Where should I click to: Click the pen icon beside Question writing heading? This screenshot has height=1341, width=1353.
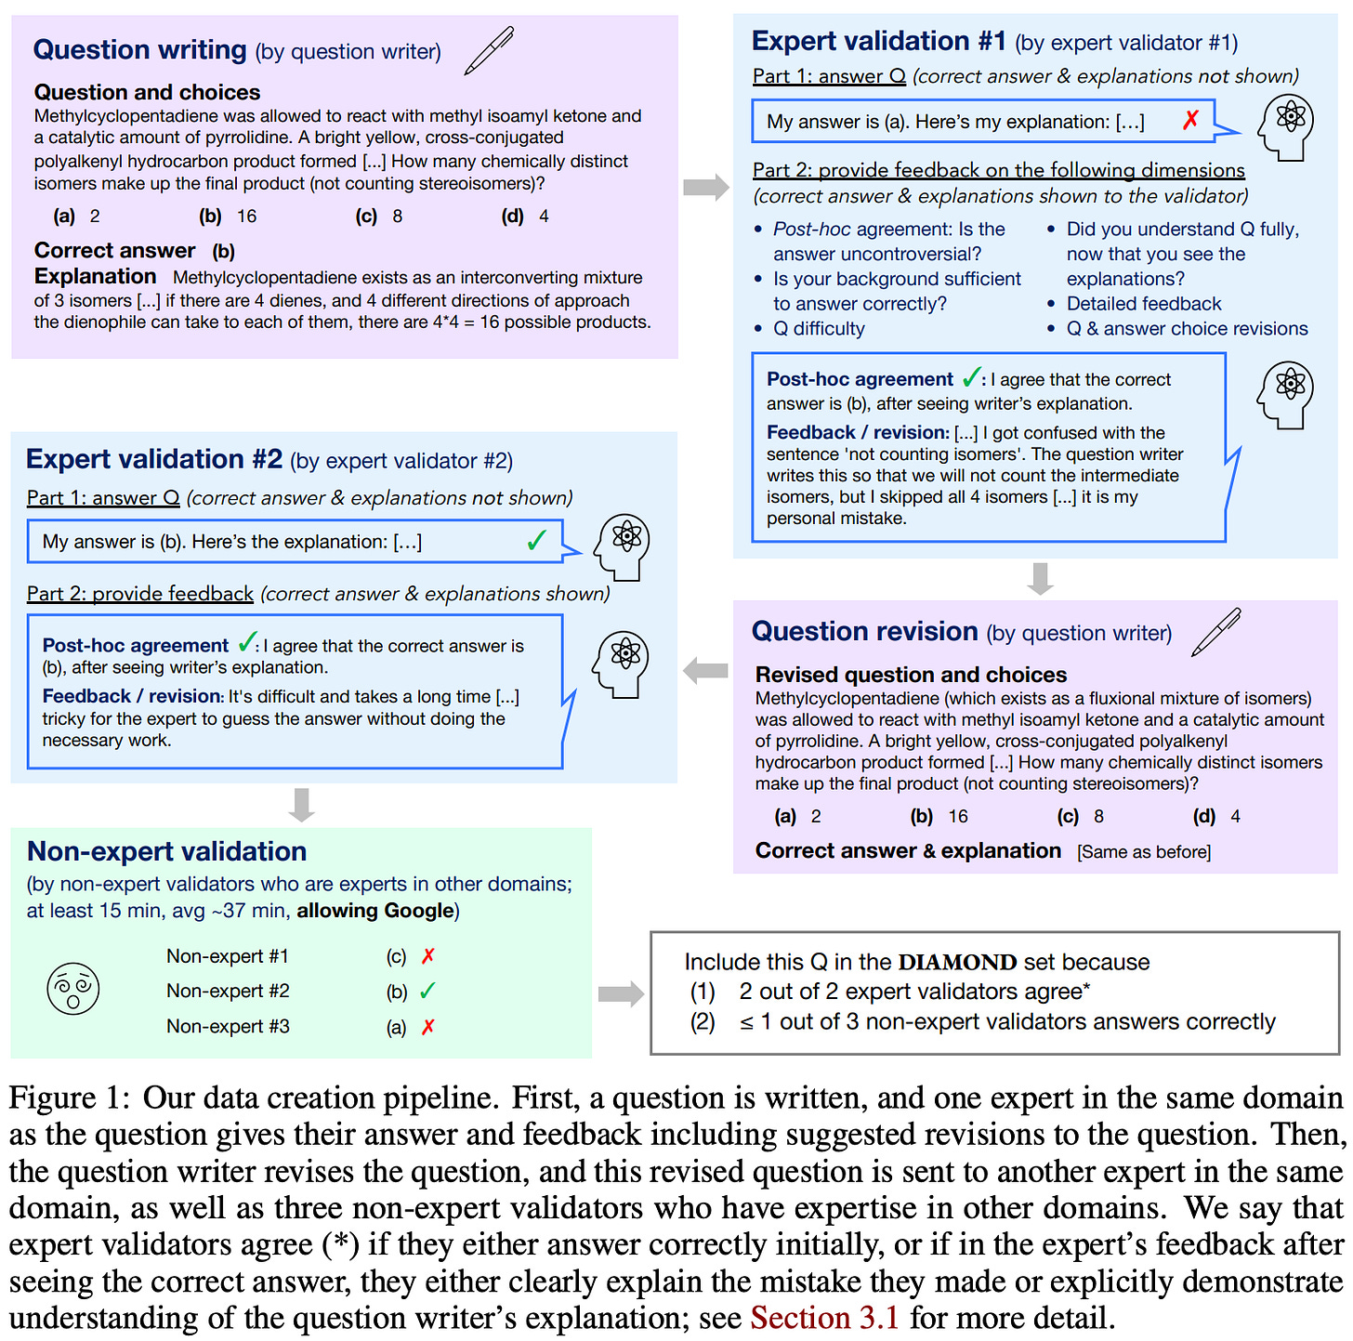(x=489, y=50)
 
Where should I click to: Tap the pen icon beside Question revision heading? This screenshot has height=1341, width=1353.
(x=1216, y=632)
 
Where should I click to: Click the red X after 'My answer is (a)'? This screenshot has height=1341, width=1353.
(x=1190, y=120)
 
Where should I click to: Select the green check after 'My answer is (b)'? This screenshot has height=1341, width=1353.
(x=536, y=541)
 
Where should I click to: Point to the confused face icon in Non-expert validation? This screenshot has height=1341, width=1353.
(x=72, y=989)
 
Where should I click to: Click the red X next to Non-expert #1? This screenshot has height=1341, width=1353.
(x=428, y=956)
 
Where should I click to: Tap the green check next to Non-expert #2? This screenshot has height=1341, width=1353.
(x=427, y=991)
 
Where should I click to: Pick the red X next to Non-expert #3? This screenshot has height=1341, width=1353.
(x=428, y=1027)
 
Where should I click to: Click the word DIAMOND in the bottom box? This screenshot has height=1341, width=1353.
(x=957, y=962)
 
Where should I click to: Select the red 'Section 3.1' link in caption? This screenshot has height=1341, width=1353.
(x=824, y=1319)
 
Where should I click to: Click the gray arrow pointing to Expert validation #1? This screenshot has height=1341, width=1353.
(x=706, y=187)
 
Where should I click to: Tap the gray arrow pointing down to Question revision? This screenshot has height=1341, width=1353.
(x=1041, y=578)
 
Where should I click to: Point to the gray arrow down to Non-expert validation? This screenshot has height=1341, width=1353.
(x=301, y=805)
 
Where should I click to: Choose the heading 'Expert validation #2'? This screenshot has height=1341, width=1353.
(x=154, y=460)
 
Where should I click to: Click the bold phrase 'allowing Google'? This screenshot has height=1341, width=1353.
(x=375, y=911)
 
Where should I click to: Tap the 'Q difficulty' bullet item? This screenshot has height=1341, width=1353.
(x=819, y=329)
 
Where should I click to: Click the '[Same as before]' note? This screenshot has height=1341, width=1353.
(x=1144, y=852)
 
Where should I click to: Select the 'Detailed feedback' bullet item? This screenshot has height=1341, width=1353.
(x=1144, y=304)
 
